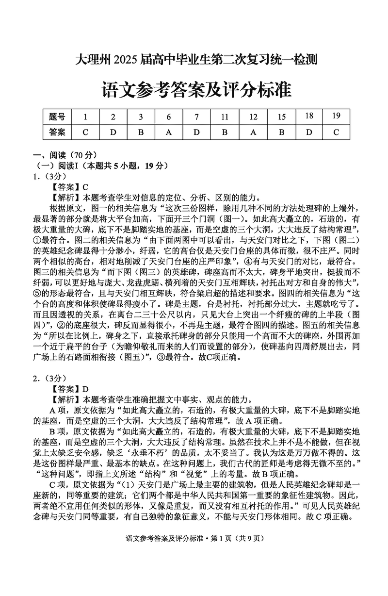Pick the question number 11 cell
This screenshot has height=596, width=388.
(225, 116)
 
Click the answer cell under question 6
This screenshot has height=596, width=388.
(169, 132)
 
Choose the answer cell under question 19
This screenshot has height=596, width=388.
(337, 132)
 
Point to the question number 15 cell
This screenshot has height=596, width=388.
(281, 116)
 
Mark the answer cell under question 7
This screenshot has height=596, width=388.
(197, 132)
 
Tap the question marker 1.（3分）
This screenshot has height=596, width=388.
(45, 176)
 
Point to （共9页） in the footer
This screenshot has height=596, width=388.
(252, 579)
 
